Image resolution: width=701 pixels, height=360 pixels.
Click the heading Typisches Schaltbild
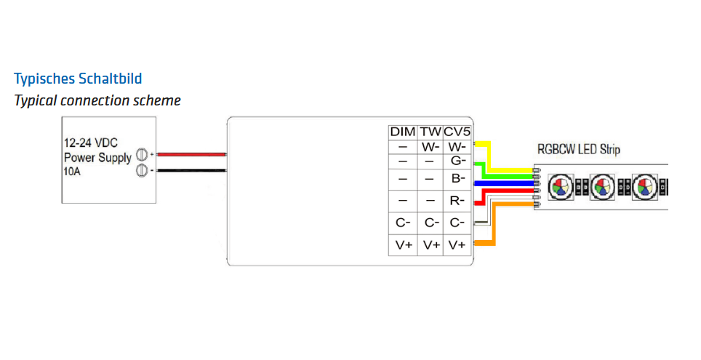(x=78, y=78)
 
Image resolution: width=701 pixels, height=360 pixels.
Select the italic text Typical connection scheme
(x=97, y=100)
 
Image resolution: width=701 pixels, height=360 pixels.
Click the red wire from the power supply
(x=191, y=154)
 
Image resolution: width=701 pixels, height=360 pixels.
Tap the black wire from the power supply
(x=191, y=171)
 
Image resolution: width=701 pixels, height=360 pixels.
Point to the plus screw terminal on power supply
(x=143, y=154)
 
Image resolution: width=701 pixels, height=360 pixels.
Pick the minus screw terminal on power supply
(x=143, y=171)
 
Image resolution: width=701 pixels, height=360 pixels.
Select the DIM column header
(x=402, y=132)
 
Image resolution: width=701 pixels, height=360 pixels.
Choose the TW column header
(x=430, y=132)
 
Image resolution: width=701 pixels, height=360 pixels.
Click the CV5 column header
(x=457, y=132)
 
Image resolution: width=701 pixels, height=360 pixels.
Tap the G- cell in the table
(x=457, y=161)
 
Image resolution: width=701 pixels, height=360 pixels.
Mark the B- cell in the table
(x=457, y=179)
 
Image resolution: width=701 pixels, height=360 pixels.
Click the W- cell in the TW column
(x=430, y=146)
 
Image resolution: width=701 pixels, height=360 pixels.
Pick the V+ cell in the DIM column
(x=403, y=246)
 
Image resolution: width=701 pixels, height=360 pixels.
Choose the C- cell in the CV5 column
(x=457, y=223)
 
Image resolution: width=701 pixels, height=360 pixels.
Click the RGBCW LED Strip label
(x=578, y=150)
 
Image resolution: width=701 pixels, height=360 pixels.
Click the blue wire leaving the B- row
(x=502, y=183)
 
